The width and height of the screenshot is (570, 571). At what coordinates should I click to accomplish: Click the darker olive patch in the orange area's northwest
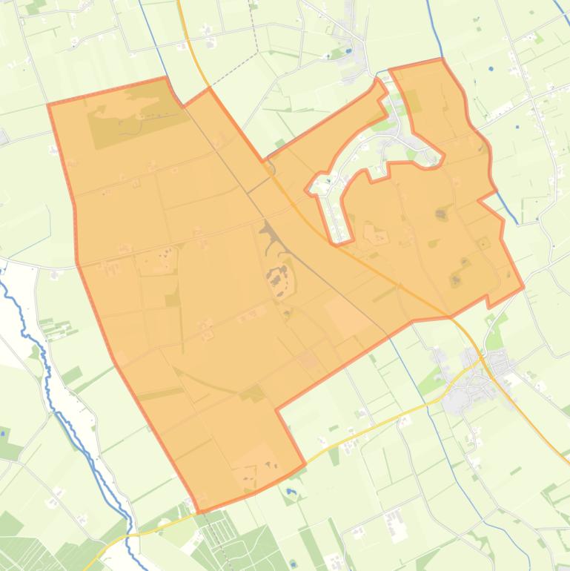(x=133, y=111)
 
